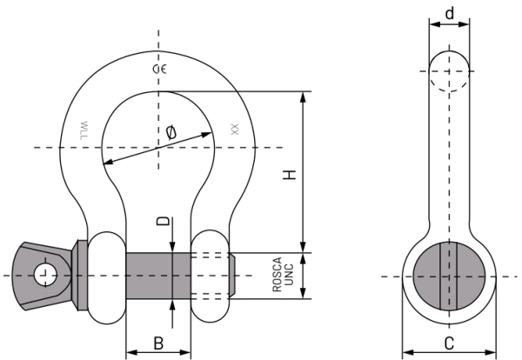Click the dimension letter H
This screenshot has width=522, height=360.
(290, 175)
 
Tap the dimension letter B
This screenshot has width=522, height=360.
(158, 343)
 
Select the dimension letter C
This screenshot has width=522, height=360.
(449, 343)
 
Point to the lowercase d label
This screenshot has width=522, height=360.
(450, 14)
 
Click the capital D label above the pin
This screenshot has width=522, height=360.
(163, 221)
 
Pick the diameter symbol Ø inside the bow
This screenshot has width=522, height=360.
(171, 132)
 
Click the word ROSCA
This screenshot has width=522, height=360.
(277, 275)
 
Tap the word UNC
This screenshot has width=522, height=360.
(289, 275)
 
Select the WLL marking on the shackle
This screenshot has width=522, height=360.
(84, 130)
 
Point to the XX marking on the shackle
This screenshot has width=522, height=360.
(235, 130)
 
